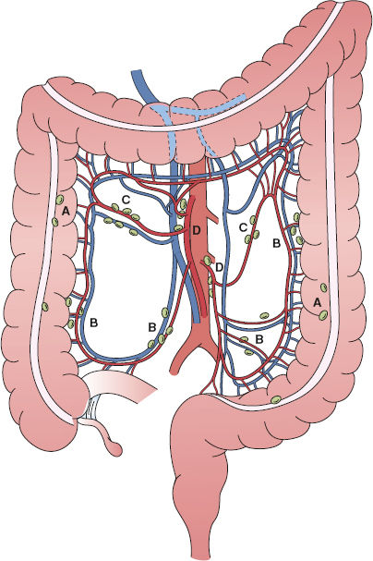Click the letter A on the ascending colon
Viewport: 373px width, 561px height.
coord(65,212)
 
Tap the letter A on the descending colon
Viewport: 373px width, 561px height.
coord(317,303)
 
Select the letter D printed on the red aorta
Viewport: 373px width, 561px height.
coord(196,231)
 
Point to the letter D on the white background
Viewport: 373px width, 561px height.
coord(220,266)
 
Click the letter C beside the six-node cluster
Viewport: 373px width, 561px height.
coord(125,200)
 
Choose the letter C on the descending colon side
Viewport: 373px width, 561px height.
coord(244,228)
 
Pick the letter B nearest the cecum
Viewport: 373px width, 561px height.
coord(93,323)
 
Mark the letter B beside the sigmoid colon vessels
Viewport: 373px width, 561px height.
coord(259,338)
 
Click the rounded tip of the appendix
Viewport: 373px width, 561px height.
coord(116,449)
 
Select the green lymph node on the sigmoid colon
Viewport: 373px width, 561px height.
coord(276,399)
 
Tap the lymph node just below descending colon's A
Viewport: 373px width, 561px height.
coord(323,315)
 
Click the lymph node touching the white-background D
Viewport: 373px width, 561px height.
coord(208,261)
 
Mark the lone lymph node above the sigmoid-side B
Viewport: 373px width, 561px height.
coord(264,315)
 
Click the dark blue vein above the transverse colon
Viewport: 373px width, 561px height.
coord(142,86)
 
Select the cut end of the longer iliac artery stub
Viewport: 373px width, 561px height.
coord(174,372)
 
